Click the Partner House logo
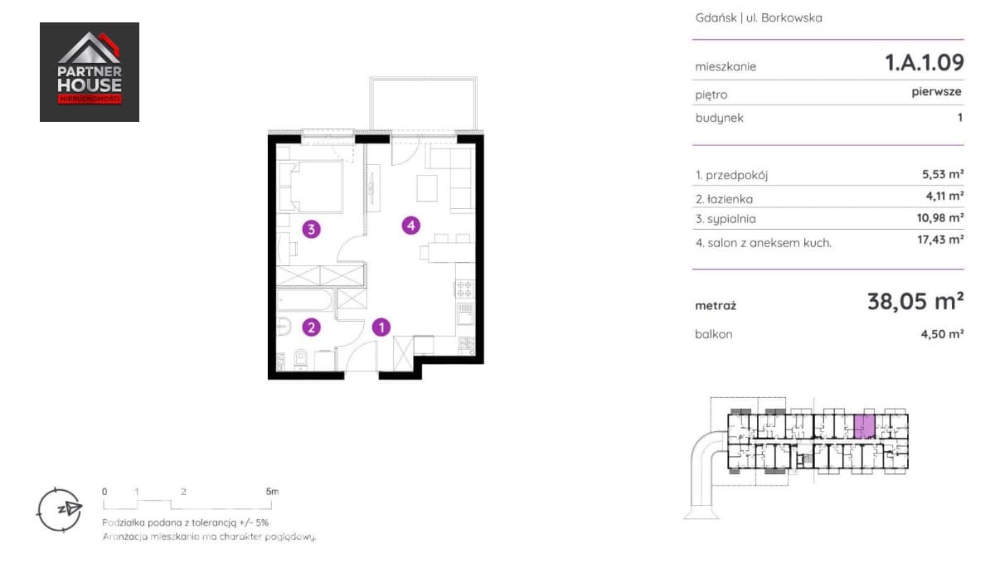(90, 72)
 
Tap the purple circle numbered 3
(312, 229)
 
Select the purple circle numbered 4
(411, 226)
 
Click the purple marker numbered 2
(312, 328)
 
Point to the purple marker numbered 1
(381, 328)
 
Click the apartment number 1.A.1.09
(925, 63)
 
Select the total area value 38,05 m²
(915, 301)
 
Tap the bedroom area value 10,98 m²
(940, 217)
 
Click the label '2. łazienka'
(724, 199)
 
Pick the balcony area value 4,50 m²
(942, 334)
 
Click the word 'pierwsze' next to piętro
(936, 92)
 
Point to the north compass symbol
(60, 510)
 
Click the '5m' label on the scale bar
(272, 491)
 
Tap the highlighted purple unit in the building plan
(864, 426)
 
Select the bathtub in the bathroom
(304, 300)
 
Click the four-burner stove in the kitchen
(464, 289)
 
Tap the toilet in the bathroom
(301, 359)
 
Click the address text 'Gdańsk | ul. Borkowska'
(759, 17)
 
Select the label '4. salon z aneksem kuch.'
(764, 243)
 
